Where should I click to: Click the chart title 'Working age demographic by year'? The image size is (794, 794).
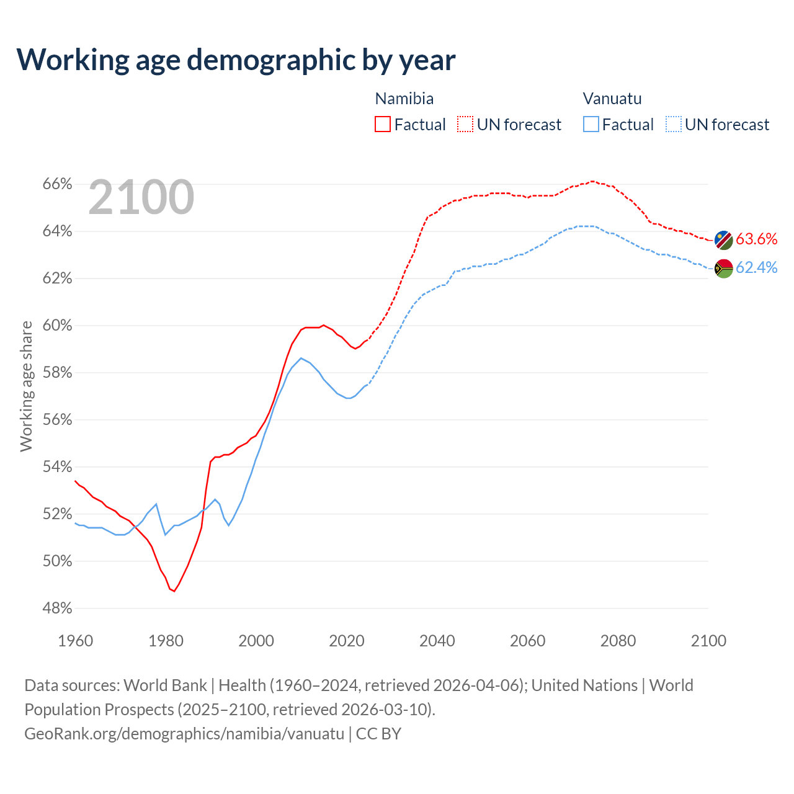coord(236,60)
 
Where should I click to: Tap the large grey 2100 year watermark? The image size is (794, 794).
coord(141,197)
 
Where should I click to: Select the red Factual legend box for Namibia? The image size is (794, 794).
coord(383,125)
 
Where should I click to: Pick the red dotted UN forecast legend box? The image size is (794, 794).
coord(465,125)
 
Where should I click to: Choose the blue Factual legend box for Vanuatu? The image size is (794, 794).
coord(591,125)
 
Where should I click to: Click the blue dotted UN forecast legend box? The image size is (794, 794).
coord(674,125)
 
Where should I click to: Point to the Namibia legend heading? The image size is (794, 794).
coord(404,99)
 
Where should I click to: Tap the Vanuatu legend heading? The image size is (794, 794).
coord(612,99)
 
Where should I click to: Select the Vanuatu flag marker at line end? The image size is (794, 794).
coord(723,269)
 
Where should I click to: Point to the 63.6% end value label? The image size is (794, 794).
coord(756,239)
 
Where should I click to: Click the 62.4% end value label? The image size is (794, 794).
coord(756,267)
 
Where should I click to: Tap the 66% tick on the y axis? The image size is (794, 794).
coord(57,184)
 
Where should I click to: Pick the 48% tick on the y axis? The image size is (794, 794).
coord(57,609)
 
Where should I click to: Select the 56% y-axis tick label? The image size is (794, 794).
coord(57,420)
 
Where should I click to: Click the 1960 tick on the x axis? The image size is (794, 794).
coord(75,641)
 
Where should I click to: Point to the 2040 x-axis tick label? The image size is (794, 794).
coord(437,641)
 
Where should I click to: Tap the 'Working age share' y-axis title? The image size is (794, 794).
coord(26,386)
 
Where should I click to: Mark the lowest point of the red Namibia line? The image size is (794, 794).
coord(174,591)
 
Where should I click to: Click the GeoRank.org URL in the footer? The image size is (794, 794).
coord(184,734)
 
